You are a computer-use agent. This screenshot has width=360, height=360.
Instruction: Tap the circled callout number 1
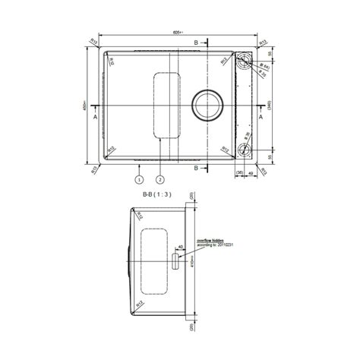point(139,180)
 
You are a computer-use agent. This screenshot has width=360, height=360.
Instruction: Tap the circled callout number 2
point(160,180)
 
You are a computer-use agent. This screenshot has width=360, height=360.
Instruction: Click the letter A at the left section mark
point(95,118)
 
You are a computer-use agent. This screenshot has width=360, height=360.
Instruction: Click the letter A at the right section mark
point(260,118)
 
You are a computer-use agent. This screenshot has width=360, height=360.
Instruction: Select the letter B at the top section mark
point(195,42)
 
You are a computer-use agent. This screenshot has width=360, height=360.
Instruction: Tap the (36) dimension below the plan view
point(240,172)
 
